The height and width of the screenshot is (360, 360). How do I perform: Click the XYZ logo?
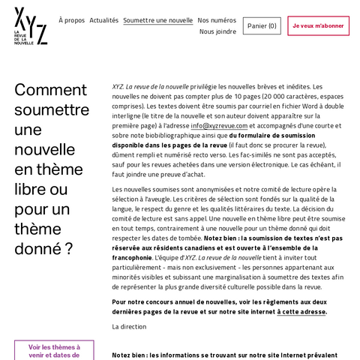(x=30, y=27)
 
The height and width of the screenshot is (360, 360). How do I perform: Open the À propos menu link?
(x=71, y=20)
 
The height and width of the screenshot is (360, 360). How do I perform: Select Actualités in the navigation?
(x=103, y=20)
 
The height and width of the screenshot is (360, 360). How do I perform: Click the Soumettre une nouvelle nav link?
(x=157, y=20)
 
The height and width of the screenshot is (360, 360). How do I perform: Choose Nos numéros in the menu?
(x=217, y=20)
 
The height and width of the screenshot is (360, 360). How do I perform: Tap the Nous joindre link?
(x=217, y=31)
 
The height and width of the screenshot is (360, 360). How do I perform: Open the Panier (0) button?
(x=262, y=26)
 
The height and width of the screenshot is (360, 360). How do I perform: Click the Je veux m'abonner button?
(x=318, y=26)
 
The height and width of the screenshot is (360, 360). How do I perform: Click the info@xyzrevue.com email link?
(x=219, y=126)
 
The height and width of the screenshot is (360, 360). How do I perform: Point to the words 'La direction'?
(x=128, y=327)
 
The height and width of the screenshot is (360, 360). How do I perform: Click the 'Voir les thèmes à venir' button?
(x=54, y=350)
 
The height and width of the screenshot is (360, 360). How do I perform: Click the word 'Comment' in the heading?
(x=51, y=90)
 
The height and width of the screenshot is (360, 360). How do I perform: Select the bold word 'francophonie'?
(x=133, y=257)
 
